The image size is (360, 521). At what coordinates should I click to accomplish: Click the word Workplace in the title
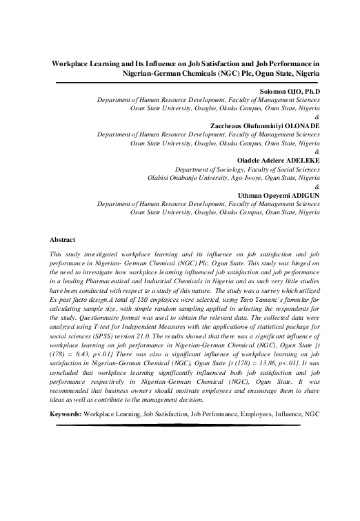point(72,61)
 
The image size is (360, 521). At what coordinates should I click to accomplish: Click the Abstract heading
point(62,239)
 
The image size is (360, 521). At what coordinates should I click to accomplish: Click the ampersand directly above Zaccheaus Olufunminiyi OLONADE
point(317,116)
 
